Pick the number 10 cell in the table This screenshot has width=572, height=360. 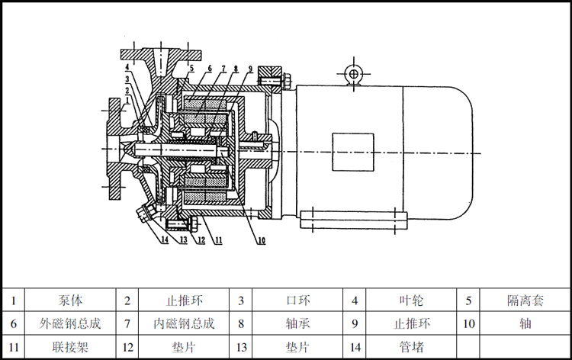pyautogui.click(x=469, y=323)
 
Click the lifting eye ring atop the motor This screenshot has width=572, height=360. pyautogui.click(x=352, y=73)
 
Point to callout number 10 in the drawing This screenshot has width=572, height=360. pyautogui.click(x=261, y=242)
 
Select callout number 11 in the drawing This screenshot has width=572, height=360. pyautogui.click(x=217, y=241)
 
